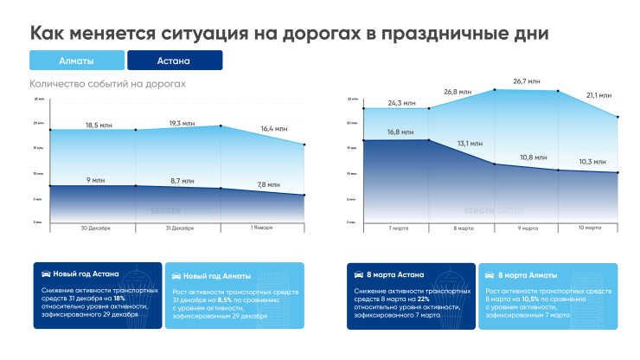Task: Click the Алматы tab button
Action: click(x=76, y=61)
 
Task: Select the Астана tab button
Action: click(x=174, y=61)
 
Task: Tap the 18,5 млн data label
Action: click(x=102, y=125)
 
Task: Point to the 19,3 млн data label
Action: click(x=186, y=124)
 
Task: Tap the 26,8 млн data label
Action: click(x=458, y=91)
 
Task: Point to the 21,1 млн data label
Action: click(x=598, y=96)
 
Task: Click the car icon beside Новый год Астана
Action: click(x=47, y=273)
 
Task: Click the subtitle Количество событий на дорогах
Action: click(x=107, y=84)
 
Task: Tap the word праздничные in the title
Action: click(x=426, y=34)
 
